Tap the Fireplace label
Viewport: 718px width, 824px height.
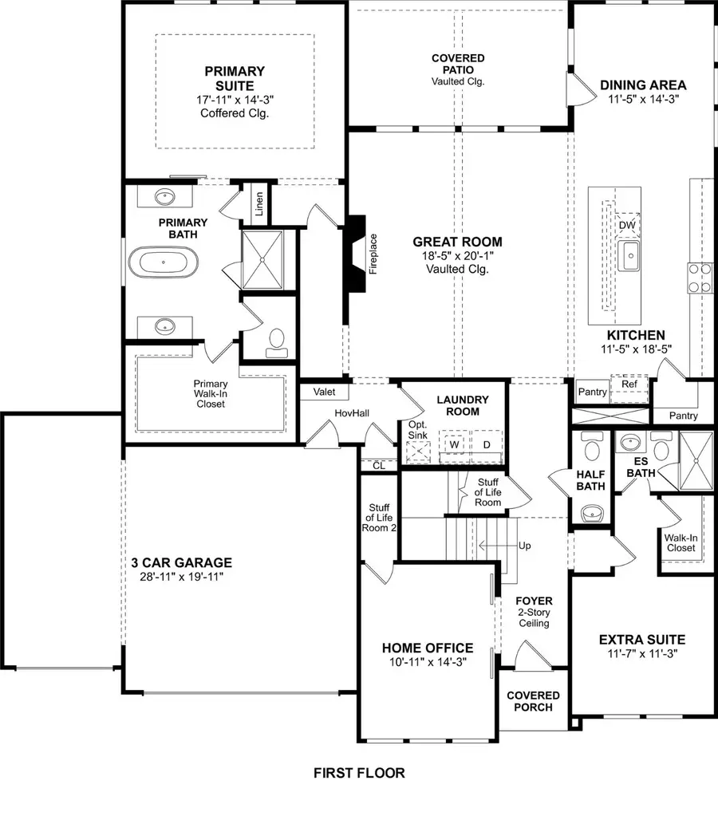point(373,254)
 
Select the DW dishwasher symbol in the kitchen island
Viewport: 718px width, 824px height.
point(627,226)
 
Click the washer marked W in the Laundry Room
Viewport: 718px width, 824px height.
point(456,443)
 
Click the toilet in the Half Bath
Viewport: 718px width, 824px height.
point(591,448)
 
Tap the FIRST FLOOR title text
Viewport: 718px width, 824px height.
point(359,773)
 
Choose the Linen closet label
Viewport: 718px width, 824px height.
point(260,204)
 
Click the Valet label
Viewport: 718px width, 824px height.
point(324,392)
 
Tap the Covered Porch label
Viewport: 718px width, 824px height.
point(534,702)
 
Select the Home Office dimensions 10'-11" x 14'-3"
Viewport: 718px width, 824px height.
point(428,662)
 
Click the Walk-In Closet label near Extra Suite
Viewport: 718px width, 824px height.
point(681,543)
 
